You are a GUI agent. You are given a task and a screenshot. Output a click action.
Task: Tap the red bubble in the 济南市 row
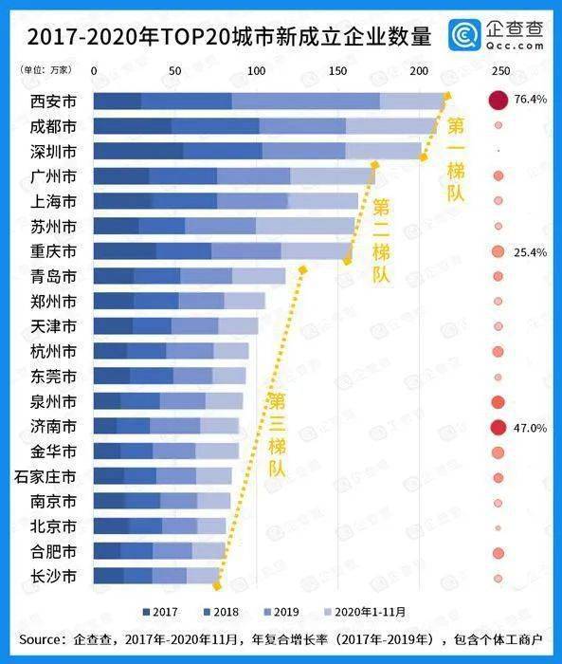[x=498, y=428]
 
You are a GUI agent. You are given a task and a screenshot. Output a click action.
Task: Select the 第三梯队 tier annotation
[x=276, y=436]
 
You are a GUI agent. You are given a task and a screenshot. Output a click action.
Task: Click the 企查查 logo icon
[x=463, y=38]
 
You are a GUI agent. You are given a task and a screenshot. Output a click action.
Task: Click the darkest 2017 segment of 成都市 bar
[x=133, y=126]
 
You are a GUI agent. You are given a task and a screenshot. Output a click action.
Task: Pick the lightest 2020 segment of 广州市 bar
[x=332, y=175]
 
